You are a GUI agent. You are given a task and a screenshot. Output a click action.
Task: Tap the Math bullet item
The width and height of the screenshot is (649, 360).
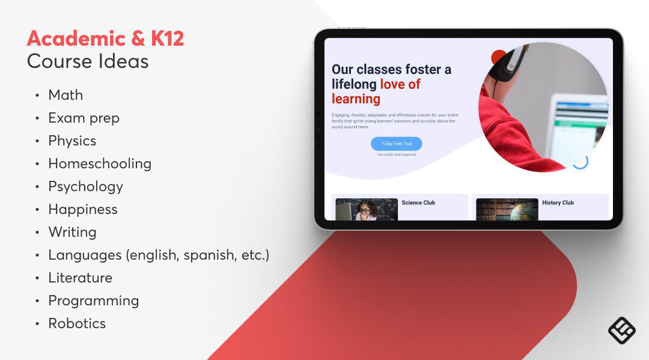(x=66, y=95)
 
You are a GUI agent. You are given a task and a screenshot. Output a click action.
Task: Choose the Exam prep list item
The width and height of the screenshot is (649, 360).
(x=84, y=118)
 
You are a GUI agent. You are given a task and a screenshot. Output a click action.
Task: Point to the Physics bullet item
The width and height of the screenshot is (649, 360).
(x=72, y=141)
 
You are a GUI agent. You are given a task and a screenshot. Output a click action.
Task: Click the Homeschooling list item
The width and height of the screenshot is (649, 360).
(x=100, y=163)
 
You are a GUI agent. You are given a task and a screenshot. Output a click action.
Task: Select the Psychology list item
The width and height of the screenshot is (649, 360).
(x=85, y=186)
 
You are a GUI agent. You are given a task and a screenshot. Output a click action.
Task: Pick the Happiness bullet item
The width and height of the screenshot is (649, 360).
(x=83, y=209)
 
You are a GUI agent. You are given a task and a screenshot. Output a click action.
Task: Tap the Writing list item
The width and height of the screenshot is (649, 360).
(x=72, y=232)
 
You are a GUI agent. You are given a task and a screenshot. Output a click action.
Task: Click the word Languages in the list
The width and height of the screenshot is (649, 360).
(x=85, y=255)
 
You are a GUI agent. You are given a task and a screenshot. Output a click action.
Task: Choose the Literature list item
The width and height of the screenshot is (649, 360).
(x=80, y=278)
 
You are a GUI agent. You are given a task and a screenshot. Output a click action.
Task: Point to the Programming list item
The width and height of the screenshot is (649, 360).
(x=93, y=301)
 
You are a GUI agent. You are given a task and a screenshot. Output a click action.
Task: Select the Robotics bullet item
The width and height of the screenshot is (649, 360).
(x=77, y=323)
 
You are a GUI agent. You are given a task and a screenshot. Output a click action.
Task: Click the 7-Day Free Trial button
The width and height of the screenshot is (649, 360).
(x=397, y=144)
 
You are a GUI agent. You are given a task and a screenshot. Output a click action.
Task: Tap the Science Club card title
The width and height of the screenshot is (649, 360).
(x=418, y=203)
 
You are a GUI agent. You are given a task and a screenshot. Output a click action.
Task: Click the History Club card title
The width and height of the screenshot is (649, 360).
(x=558, y=203)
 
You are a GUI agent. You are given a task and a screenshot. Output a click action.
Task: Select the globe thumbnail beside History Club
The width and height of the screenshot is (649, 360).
(x=507, y=209)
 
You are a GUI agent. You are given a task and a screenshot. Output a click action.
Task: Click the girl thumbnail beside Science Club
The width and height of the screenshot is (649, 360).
(x=367, y=209)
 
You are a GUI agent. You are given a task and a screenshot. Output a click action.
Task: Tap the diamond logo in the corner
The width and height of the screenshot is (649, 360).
(x=621, y=331)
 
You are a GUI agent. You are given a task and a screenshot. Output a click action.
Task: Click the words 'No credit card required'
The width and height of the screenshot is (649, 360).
(x=397, y=154)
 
